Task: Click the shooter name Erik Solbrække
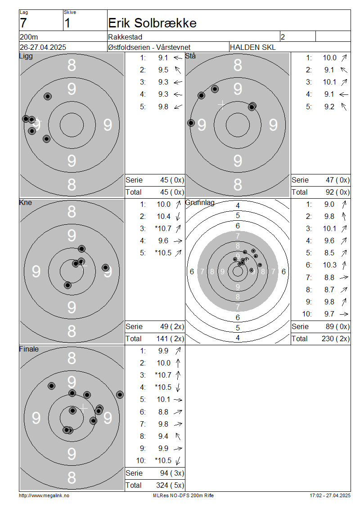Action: point(152,23)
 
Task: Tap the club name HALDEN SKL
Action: point(252,47)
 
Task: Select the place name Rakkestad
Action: point(125,37)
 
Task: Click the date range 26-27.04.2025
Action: point(43,47)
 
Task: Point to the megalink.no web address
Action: point(44,495)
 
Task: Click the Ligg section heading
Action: point(26,56)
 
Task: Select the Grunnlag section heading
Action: point(200,203)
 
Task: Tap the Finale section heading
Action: point(29,349)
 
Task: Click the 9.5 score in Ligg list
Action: point(163,70)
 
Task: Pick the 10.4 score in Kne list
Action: point(163,216)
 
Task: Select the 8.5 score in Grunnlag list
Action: point(329,253)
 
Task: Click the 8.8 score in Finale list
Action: point(163,412)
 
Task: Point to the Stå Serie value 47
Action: point(330,180)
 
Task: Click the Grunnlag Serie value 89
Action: point(330,326)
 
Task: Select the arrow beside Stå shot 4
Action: point(344,94)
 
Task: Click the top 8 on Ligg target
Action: point(72,65)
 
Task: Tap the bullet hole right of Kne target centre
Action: point(105,267)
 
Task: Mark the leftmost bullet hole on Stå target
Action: point(191,123)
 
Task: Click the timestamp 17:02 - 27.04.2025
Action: point(330,495)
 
